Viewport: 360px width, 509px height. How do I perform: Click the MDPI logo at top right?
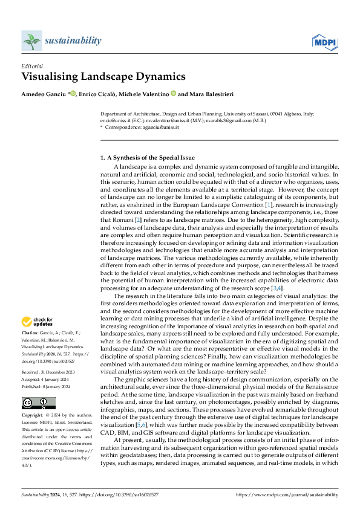click(x=324, y=41)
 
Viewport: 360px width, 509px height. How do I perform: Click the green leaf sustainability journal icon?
click(x=31, y=41)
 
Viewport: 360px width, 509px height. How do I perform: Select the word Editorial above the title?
click(x=31, y=66)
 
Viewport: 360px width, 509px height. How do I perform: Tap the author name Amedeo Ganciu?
click(x=44, y=94)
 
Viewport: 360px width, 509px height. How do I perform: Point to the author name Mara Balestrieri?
click(x=211, y=94)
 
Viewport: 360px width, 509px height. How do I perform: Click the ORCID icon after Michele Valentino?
click(x=172, y=94)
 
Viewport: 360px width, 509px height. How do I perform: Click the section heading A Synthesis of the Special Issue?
click(x=147, y=157)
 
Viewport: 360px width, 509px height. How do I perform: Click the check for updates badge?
click(x=38, y=321)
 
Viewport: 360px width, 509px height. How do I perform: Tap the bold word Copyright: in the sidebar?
click(x=33, y=400)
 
